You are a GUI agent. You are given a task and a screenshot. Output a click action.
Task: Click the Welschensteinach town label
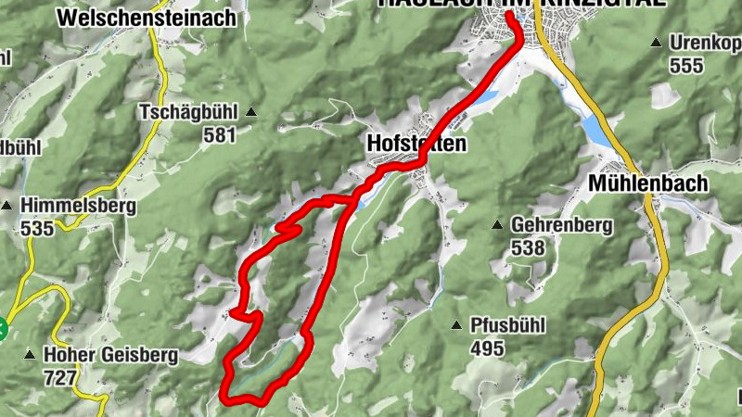pos(146,18)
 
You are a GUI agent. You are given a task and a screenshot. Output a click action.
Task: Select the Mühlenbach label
pos(647,183)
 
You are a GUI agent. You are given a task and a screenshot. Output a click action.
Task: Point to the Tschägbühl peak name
pos(188,112)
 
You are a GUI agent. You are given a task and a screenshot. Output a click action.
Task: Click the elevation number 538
pos(527,247)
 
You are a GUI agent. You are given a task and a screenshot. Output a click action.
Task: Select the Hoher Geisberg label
pos(103,355)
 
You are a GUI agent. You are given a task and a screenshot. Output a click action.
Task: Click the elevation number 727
pos(60,377)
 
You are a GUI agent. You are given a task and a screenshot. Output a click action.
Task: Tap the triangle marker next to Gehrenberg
pos(498,225)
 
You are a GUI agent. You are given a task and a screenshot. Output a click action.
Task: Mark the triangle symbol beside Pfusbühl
pos(456,325)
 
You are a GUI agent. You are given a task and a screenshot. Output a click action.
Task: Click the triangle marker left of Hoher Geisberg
pos(31,355)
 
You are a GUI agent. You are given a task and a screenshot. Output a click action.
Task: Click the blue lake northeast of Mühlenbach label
pos(597,131)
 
